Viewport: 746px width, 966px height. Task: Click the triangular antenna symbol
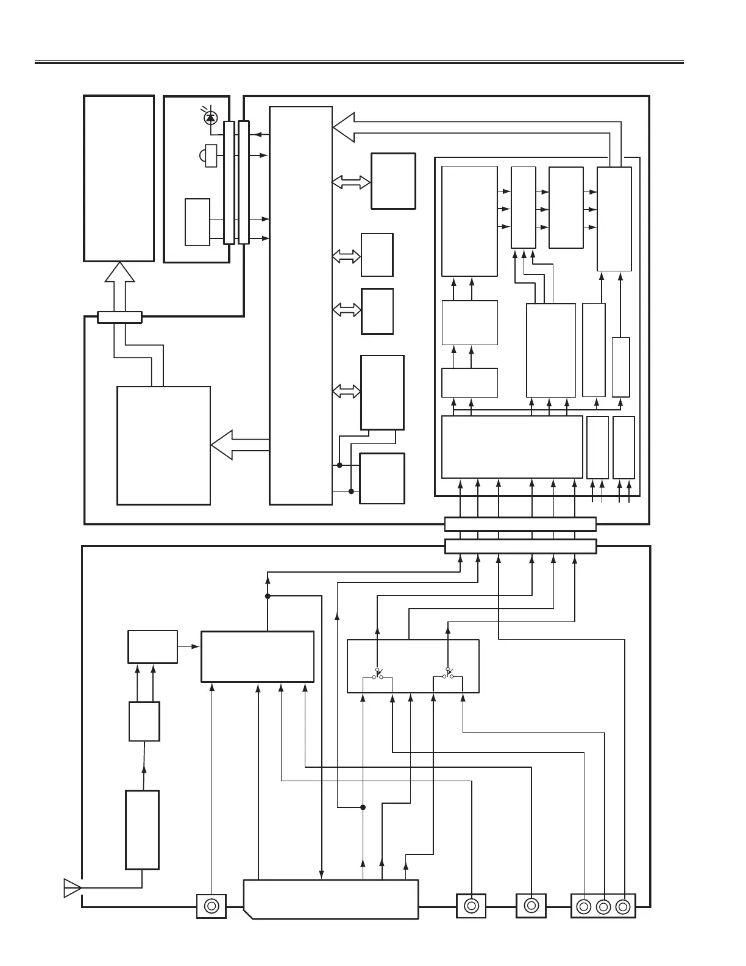click(71, 888)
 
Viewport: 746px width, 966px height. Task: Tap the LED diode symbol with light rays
click(211, 116)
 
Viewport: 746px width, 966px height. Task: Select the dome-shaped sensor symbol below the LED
click(209, 155)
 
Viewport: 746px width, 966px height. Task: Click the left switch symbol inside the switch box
click(377, 674)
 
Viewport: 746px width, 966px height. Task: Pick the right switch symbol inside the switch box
click(448, 674)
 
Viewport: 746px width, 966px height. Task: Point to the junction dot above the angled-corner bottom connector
click(363, 807)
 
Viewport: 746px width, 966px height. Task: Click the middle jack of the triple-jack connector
click(603, 907)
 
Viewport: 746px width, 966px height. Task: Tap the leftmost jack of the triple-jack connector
click(584, 907)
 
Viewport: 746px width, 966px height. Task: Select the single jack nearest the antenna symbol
click(211, 906)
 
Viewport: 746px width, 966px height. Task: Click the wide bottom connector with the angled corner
click(330, 899)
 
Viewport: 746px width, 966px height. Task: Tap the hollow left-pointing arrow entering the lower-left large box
click(223, 445)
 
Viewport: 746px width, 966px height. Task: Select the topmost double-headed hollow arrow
click(351, 182)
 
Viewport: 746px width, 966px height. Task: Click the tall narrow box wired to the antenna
click(142, 829)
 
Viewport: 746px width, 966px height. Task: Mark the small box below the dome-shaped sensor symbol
click(197, 221)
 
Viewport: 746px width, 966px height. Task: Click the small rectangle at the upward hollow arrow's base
click(119, 317)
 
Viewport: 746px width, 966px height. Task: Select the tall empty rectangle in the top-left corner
click(119, 178)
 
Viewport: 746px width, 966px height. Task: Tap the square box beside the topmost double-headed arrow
click(393, 181)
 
